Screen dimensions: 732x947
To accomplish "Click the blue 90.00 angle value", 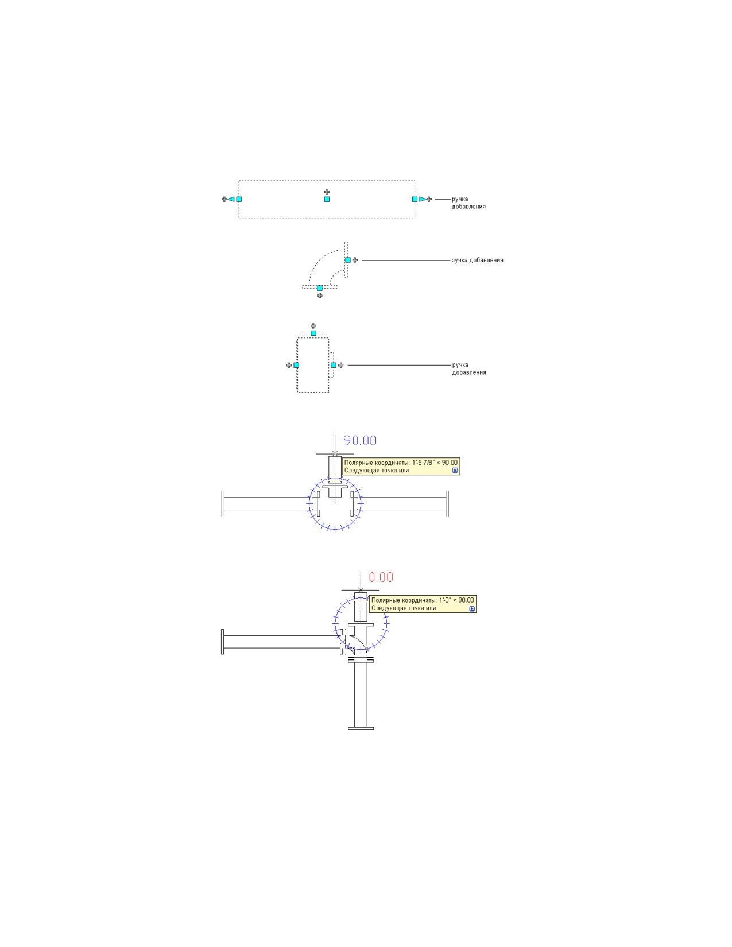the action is tap(359, 441).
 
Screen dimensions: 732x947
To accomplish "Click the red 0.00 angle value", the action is tap(381, 577).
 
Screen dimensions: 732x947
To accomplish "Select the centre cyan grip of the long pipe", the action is tap(327, 199).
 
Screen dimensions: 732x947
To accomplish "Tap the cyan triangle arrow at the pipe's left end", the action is tap(231, 199).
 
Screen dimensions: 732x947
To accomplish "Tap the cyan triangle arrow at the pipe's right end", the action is tap(423, 199).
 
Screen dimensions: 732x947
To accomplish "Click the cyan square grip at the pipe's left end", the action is tap(239, 199).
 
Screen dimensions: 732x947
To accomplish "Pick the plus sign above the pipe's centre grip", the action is tap(327, 192).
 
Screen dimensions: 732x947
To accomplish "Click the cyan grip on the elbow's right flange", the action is tap(347, 260).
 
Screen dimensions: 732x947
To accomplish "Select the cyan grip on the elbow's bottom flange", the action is tap(320, 288).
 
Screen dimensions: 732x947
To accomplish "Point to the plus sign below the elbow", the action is tap(320, 296).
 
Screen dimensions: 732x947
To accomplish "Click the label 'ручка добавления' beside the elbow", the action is tap(477, 260).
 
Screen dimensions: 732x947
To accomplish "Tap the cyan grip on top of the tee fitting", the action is tap(313, 333).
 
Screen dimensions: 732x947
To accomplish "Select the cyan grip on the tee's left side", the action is tap(296, 365).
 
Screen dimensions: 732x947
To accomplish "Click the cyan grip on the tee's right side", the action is tap(334, 365).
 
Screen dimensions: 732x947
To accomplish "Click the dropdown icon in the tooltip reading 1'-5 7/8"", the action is tap(455, 470).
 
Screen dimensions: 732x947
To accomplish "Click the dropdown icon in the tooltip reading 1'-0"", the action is tap(472, 608).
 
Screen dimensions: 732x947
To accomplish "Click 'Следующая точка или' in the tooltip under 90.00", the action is tap(376, 470).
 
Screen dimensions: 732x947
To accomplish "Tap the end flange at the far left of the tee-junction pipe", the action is tap(223, 504).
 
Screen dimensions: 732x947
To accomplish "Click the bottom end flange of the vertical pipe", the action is tap(361, 728).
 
